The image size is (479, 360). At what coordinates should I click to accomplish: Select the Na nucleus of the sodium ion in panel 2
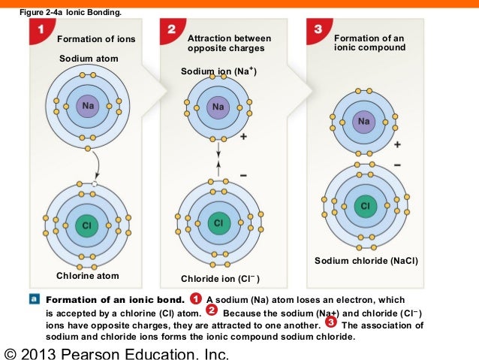click(x=218, y=107)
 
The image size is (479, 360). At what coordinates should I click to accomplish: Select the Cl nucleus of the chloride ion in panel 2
click(x=218, y=223)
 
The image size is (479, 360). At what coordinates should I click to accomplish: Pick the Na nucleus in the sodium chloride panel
click(x=365, y=121)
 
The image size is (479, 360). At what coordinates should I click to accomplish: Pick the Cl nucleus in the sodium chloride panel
click(x=365, y=205)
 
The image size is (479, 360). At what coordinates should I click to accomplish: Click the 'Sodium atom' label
click(x=88, y=58)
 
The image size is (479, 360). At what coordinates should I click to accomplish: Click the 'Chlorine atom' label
click(x=88, y=276)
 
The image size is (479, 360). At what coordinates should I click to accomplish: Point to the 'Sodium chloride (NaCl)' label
click(x=366, y=261)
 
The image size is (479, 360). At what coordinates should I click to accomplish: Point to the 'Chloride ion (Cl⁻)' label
click(x=220, y=279)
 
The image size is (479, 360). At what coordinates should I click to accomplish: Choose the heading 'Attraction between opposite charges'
click(x=229, y=43)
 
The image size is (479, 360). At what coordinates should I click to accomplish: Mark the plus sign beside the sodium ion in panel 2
click(x=244, y=139)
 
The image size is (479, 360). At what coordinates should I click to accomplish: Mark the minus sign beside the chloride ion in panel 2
click(x=243, y=174)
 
